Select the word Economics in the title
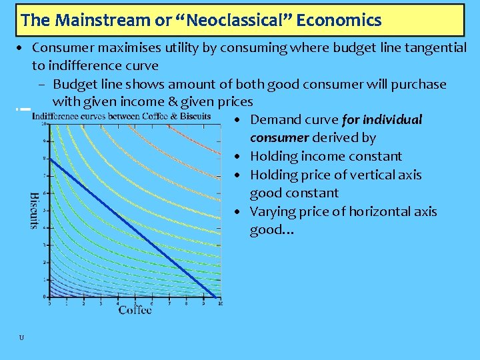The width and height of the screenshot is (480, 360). (339, 20)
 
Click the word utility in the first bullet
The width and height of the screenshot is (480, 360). (184, 48)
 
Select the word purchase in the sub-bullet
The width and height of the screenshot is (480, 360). (419, 84)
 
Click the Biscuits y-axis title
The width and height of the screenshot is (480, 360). (35, 211)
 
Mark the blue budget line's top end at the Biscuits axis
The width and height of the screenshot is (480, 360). (50, 159)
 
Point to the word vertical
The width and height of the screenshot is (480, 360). (371, 175)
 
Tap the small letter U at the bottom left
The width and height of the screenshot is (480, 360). (21, 338)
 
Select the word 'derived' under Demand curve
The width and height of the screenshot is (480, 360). (335, 138)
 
